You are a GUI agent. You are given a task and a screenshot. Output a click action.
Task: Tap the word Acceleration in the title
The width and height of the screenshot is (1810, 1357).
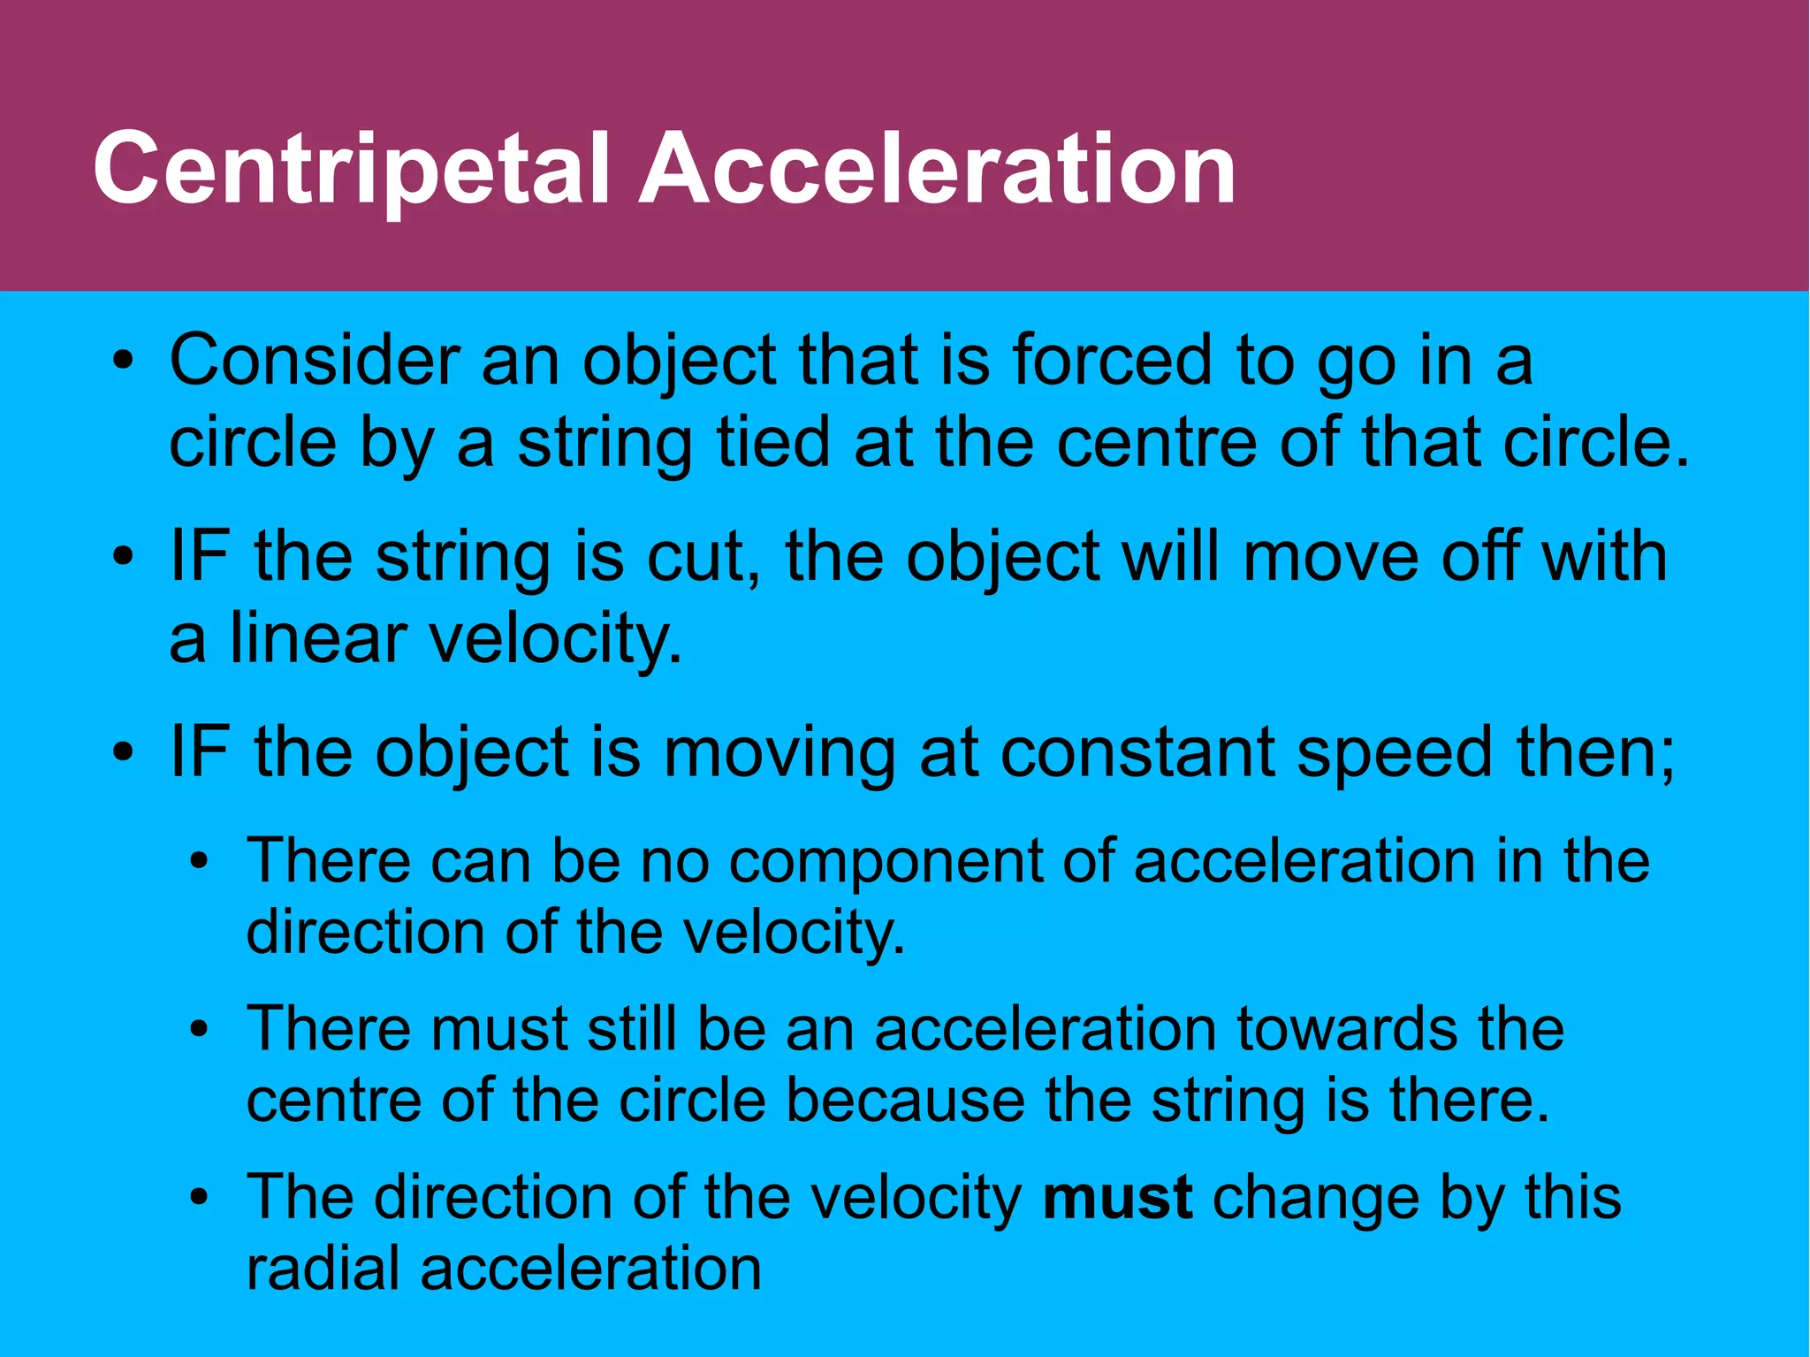[x=937, y=168]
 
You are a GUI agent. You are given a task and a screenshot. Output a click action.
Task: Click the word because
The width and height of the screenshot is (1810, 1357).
[x=905, y=1101]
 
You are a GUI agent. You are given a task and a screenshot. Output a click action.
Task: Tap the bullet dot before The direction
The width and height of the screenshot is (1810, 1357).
[x=200, y=1198]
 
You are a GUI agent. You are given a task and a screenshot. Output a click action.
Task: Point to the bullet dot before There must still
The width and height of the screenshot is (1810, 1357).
[x=200, y=1030]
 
